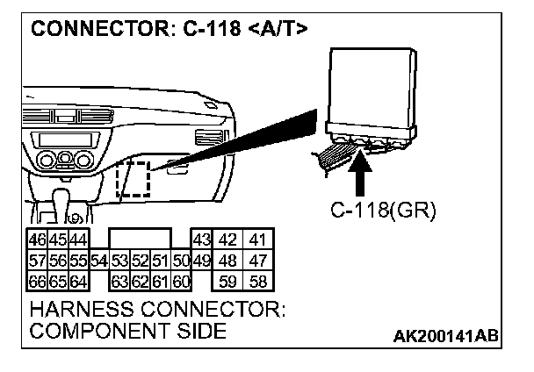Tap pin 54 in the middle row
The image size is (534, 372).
(98, 261)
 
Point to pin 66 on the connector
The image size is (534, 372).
(38, 281)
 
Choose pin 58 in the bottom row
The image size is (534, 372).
(257, 281)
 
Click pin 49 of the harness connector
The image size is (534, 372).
(201, 261)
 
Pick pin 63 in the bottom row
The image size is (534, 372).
(120, 281)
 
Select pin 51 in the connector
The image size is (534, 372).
(161, 261)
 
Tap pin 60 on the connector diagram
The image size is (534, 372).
(181, 281)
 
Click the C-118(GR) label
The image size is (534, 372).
(383, 211)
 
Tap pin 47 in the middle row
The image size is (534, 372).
(257, 261)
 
